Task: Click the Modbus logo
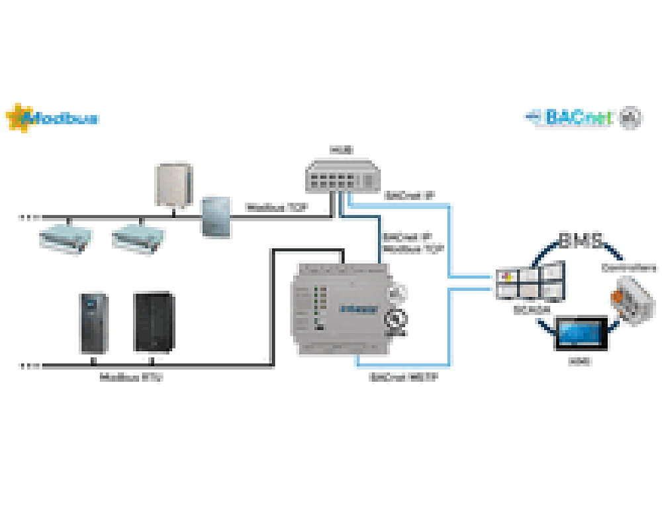pyautogui.click(x=53, y=119)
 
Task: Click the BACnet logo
pyautogui.click(x=573, y=117)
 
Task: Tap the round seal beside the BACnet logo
pyautogui.click(x=630, y=117)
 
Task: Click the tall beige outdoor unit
pyautogui.click(x=173, y=185)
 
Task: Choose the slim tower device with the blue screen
pyautogui.click(x=93, y=323)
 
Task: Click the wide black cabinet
pyautogui.click(x=154, y=321)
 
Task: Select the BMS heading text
pyautogui.click(x=580, y=240)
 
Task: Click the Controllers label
pyautogui.click(x=629, y=268)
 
